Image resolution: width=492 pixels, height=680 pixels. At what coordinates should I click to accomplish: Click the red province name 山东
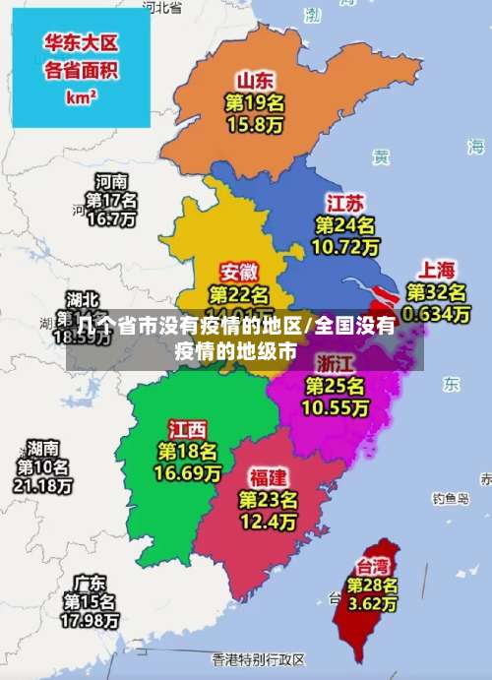[255, 80]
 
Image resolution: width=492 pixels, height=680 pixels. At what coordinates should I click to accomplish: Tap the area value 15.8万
[255, 125]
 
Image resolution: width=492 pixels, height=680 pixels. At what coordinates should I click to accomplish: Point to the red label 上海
[438, 269]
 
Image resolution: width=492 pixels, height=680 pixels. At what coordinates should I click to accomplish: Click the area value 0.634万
[438, 314]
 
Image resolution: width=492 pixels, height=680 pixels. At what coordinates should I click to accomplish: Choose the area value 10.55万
[336, 406]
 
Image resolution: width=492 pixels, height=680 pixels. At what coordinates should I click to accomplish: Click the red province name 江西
[188, 429]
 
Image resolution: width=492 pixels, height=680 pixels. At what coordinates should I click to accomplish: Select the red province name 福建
[268, 477]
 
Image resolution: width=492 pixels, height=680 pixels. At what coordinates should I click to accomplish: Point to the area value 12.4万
[268, 521]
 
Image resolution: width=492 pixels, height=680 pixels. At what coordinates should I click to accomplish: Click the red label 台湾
[372, 566]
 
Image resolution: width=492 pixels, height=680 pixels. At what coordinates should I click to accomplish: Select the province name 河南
[111, 182]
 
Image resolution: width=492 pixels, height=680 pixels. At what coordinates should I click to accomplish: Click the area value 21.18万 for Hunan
[42, 485]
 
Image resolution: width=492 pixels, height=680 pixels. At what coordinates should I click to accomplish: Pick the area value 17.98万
[91, 621]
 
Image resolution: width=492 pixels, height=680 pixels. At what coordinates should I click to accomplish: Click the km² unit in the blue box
[81, 97]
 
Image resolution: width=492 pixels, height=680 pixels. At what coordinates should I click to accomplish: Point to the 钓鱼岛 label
[452, 499]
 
